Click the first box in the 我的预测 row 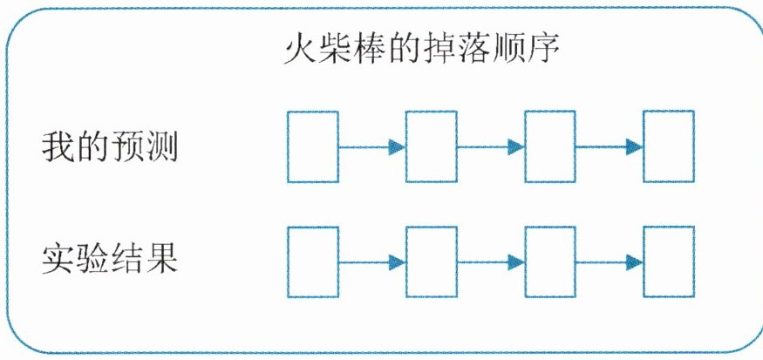tap(313, 146)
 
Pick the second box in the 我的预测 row tap(432, 146)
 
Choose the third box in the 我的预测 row tap(550, 146)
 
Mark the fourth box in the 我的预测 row tap(669, 146)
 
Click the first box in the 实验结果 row tap(313, 262)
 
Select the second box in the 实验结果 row tap(432, 262)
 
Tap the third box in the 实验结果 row tap(550, 262)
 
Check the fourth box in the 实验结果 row tap(669, 262)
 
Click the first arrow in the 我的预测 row tap(372, 147)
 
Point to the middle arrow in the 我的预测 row tap(491, 147)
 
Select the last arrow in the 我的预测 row tap(610, 147)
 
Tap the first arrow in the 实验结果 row tap(372, 262)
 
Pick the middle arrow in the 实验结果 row tap(491, 262)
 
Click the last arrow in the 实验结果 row tap(610, 262)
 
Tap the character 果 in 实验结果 tap(163, 260)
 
